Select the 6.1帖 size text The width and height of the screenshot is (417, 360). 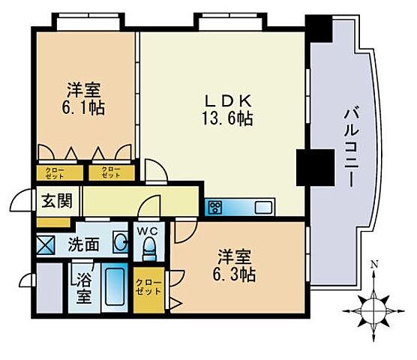(x=83, y=107)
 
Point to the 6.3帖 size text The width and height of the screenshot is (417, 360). (x=235, y=274)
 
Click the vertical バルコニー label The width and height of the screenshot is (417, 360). (x=349, y=145)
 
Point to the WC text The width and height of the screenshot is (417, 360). (x=148, y=231)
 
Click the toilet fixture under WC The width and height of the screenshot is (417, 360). (x=148, y=247)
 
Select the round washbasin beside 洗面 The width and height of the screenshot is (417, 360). (x=119, y=241)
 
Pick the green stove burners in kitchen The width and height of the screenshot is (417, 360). (x=216, y=207)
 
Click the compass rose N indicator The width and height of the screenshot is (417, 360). (x=373, y=304)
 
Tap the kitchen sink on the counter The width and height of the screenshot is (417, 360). (x=265, y=207)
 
